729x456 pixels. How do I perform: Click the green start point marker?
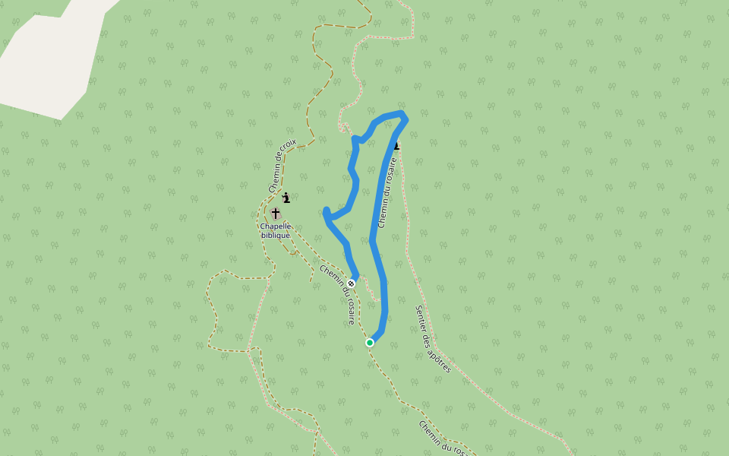(x=370, y=343)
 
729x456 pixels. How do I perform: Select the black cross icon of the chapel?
(x=275, y=214)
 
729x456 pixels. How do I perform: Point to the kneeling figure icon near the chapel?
(x=286, y=198)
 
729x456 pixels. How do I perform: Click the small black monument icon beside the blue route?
(x=397, y=145)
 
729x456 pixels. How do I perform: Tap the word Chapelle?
(x=276, y=226)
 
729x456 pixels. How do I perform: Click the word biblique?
(x=276, y=236)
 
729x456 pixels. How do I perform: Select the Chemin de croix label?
(x=282, y=166)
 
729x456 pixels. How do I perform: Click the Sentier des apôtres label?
(x=434, y=339)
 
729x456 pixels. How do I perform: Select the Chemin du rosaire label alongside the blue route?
(x=387, y=192)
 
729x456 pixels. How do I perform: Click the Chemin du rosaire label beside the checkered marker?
(x=339, y=294)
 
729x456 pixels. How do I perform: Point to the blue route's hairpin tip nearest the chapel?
(x=326, y=211)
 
